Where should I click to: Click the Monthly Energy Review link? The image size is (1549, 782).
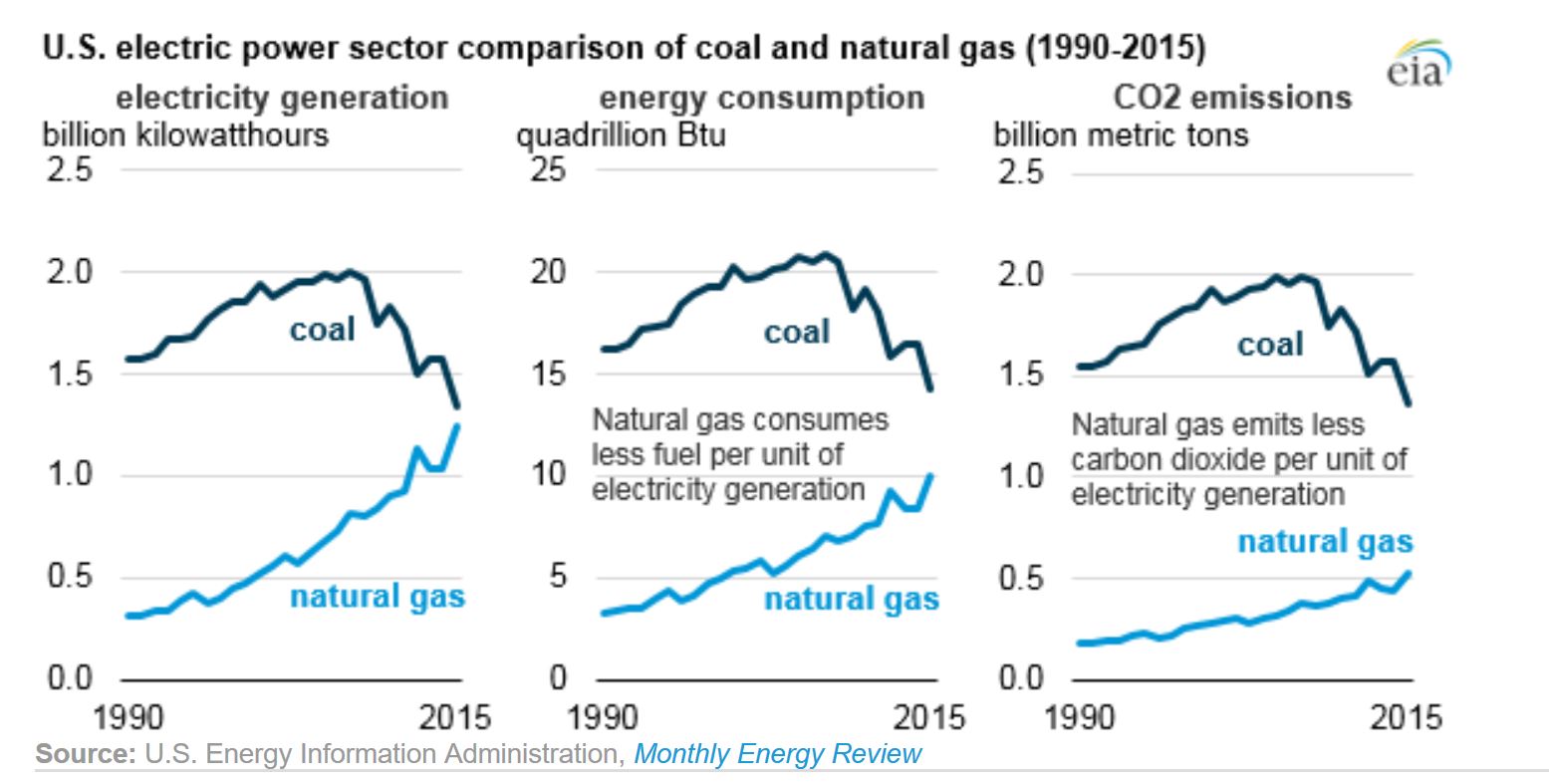[777, 754]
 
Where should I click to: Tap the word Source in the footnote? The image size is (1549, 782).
[85, 754]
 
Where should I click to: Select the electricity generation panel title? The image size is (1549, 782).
[282, 99]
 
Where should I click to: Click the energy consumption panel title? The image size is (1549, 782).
[761, 99]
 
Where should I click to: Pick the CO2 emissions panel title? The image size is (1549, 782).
[1231, 98]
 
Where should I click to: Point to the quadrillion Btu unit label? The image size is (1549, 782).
[620, 134]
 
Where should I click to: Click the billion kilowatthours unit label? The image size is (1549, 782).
[185, 134]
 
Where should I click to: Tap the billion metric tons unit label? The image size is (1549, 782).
[1121, 134]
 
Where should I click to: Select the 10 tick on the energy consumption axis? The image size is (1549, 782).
[547, 474]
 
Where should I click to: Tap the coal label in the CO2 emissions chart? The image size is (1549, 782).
[1269, 345]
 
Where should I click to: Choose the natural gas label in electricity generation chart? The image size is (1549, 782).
[377, 597]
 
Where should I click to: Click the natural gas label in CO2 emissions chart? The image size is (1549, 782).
[1325, 542]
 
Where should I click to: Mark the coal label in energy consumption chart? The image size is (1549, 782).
[796, 332]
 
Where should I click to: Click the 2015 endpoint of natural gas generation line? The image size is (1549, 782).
[458, 425]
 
